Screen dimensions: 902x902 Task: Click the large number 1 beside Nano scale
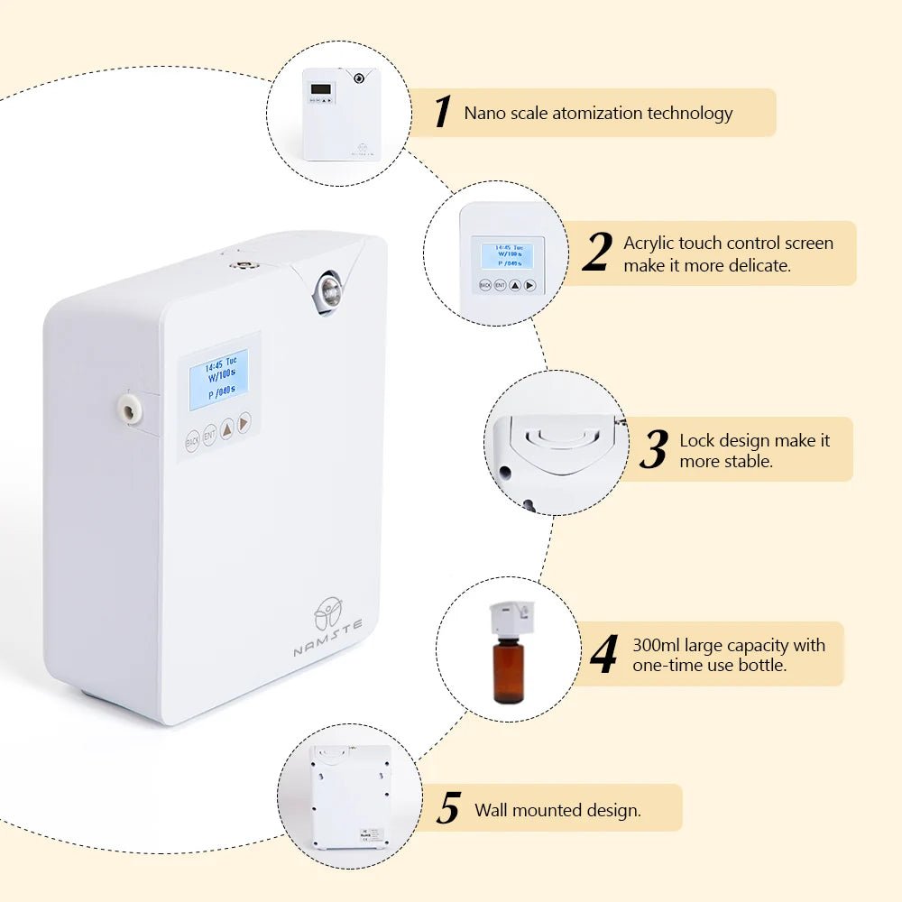441,113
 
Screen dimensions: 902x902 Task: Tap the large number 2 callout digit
596,253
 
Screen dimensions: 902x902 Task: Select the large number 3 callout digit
653,449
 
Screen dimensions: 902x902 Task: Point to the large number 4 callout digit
604,655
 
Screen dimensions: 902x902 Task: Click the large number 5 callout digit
448,809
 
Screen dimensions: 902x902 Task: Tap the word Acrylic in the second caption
649,244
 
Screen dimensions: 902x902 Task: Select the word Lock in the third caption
696,441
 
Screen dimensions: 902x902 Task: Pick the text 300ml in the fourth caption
657,646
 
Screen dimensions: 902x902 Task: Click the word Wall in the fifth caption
492,810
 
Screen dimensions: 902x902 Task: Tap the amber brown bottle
509,669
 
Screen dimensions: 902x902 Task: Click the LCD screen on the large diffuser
218,377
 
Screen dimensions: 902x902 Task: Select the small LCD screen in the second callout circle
506,255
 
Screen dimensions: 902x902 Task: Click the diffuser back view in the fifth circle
350,796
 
